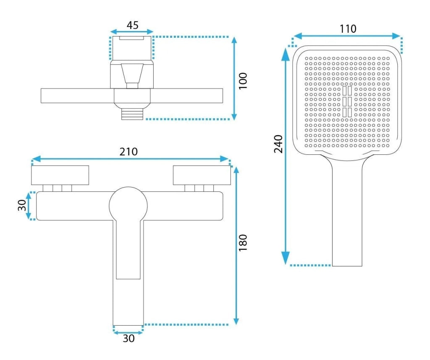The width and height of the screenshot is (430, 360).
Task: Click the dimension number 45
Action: (x=132, y=25)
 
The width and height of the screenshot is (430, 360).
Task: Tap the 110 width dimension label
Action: (x=348, y=29)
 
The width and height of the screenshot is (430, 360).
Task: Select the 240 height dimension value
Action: (x=278, y=144)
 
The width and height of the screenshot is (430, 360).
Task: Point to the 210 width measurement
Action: (x=128, y=151)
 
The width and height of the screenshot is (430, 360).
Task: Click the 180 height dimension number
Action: (x=243, y=243)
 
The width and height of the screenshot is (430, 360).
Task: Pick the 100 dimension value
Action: (x=243, y=81)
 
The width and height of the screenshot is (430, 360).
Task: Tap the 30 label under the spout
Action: (x=128, y=339)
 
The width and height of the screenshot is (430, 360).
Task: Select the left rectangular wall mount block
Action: (x=60, y=175)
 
